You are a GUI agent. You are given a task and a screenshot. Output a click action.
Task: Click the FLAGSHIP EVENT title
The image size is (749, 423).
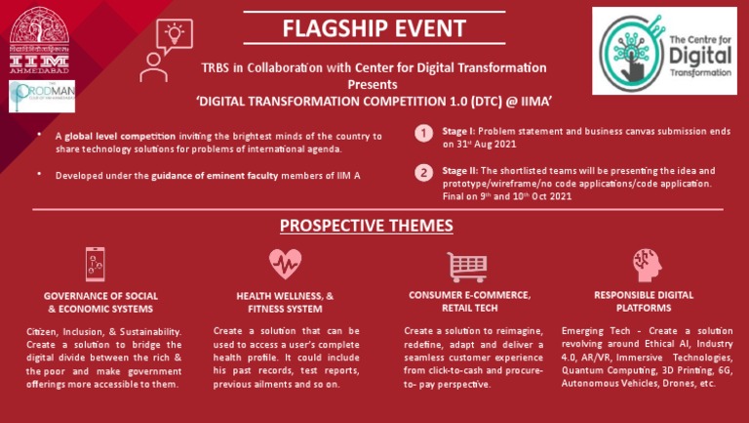(374, 26)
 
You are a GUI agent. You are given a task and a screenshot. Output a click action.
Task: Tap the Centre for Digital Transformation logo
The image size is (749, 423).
(664, 51)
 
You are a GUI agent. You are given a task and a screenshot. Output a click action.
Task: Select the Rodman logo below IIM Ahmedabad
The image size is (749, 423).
(35, 96)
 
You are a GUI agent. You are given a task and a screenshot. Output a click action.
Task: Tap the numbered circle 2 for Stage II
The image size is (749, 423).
(424, 173)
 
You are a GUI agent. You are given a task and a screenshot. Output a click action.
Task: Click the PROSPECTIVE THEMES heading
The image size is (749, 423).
(366, 226)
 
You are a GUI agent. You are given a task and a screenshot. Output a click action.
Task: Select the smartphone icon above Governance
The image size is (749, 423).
(95, 265)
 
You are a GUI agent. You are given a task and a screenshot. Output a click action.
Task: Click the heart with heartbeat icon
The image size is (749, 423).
(285, 264)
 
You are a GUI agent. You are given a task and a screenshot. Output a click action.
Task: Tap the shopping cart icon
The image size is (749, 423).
(467, 266)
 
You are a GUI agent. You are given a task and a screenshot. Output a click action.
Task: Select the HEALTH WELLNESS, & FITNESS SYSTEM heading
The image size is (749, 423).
(285, 301)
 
